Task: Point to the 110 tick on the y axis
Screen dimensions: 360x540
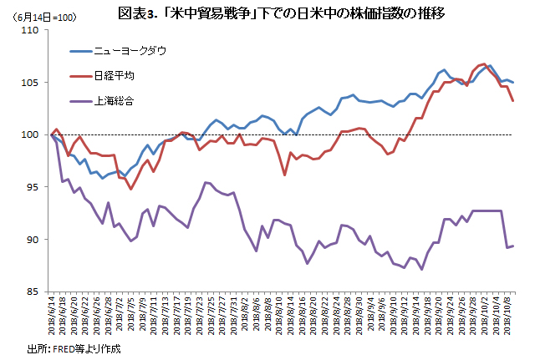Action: [x=33, y=30]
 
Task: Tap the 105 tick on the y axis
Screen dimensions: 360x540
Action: [x=33, y=83]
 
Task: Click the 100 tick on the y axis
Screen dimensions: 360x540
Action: [x=33, y=134]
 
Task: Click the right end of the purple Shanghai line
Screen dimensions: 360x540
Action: [x=512, y=246]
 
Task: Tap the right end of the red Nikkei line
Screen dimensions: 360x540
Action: [x=512, y=101]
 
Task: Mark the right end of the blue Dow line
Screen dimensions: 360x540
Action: [x=512, y=82]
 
